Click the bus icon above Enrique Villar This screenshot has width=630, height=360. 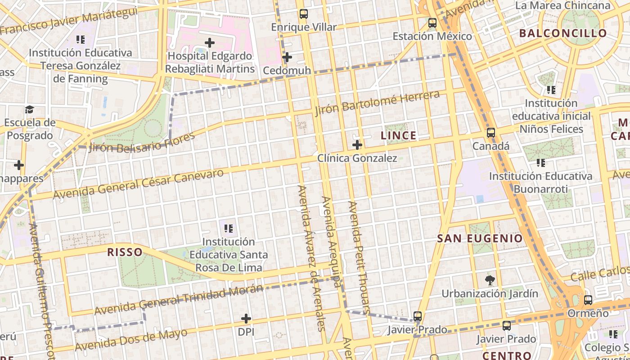click(304, 14)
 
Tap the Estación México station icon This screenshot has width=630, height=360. click(432, 23)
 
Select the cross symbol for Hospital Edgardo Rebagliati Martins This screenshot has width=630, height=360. click(210, 43)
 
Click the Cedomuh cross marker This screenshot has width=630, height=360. click(287, 57)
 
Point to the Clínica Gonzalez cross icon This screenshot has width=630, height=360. click(357, 145)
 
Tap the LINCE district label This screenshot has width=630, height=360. click(398, 135)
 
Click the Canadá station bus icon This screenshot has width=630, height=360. click(491, 133)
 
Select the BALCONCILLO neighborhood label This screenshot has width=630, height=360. click(563, 33)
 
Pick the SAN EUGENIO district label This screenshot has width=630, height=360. click(480, 238)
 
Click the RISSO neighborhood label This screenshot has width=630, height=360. click(125, 252)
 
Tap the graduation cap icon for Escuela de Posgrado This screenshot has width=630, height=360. click(30, 109)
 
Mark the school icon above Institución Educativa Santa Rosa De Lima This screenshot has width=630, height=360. click(229, 229)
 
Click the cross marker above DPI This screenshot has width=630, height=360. click(246, 319)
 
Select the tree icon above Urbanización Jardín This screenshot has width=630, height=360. click(490, 280)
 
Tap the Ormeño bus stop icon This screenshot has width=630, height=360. click(588, 300)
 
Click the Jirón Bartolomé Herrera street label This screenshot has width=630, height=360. click(377, 103)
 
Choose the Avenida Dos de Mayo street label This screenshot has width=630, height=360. click(131, 340)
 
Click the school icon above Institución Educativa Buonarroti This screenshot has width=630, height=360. click(541, 163)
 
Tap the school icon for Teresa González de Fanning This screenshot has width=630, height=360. click(81, 40)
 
